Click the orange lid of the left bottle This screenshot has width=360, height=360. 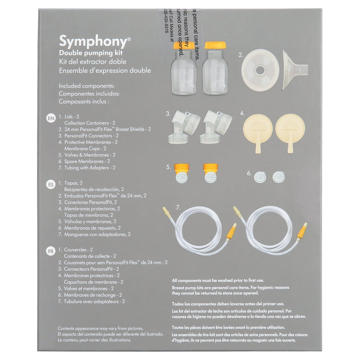click(x=184, y=45)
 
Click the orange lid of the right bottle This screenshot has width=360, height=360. click(x=215, y=45)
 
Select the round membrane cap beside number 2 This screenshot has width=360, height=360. click(x=261, y=69)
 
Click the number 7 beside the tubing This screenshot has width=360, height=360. click(x=178, y=208)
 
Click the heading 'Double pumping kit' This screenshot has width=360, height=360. click(x=88, y=54)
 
